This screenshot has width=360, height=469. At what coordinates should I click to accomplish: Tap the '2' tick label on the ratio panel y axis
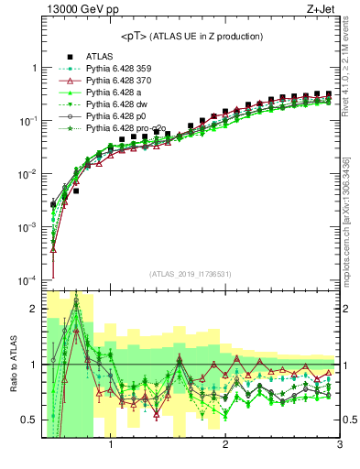[34, 309]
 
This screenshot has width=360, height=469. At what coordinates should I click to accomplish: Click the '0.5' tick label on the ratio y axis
[29, 420]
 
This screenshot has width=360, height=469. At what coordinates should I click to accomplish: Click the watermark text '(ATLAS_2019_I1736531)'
[191, 274]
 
